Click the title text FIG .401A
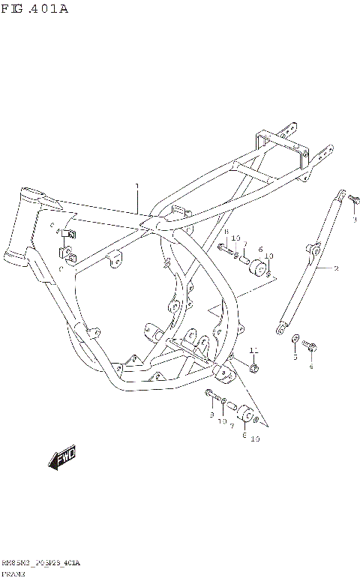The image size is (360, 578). coord(34,10)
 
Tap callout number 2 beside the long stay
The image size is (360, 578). coord(335,268)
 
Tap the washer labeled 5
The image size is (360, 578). coord(295,340)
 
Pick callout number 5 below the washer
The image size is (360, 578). coord(295,358)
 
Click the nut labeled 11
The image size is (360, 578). coord(255,368)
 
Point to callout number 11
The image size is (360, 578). coord(253,351)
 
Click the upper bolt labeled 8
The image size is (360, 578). coord(224,247)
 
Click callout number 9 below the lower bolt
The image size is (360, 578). coord(211,414)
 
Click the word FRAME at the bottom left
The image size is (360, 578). coord(13,572)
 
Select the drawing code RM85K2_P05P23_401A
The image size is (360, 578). coord(40,562)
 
